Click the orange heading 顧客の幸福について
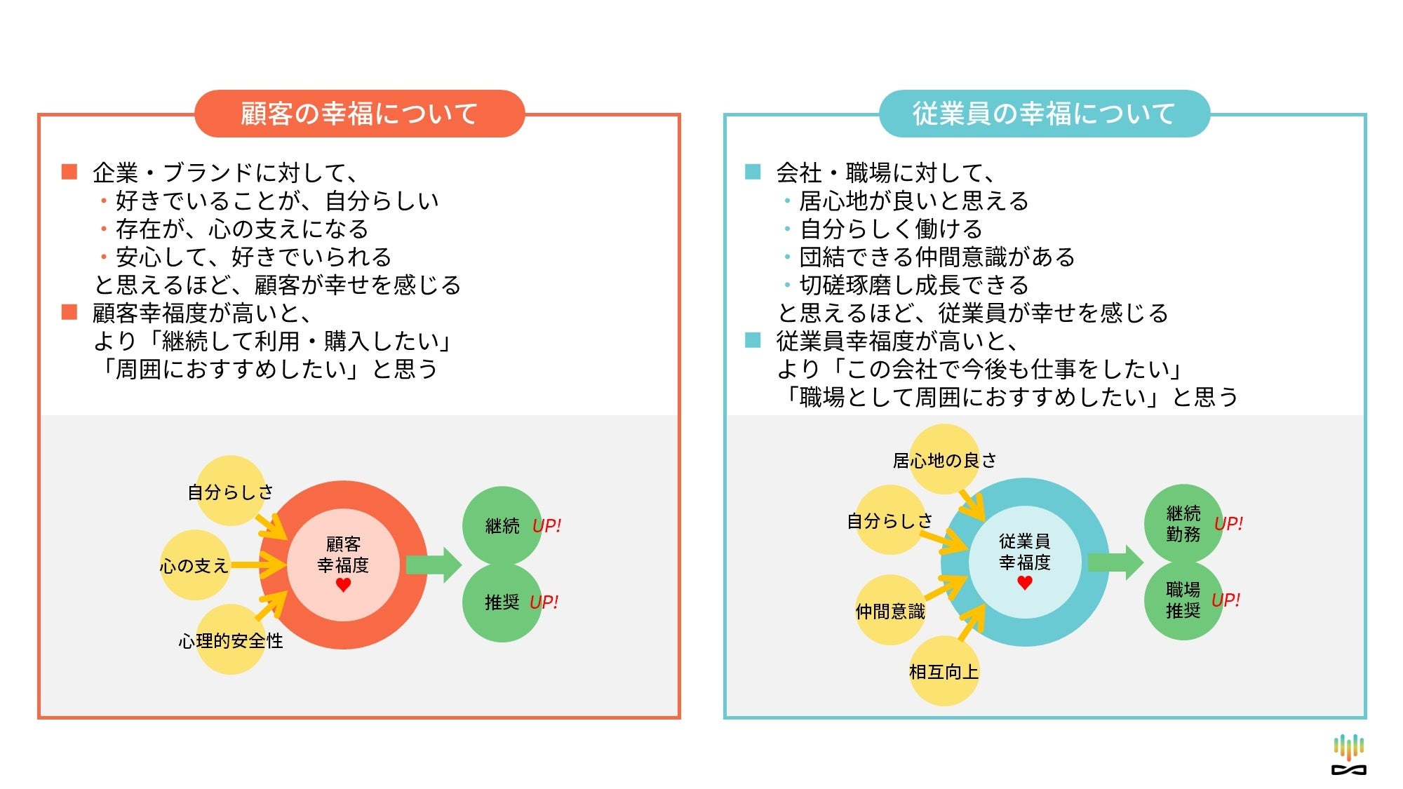[359, 114]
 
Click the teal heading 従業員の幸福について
[1044, 114]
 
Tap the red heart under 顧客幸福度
[343, 585]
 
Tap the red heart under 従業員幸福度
[1025, 582]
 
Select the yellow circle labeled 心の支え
[194, 565]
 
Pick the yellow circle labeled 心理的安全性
[230, 640]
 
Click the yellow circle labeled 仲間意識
[890, 611]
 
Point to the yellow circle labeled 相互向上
[944, 671]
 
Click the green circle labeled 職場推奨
[1183, 600]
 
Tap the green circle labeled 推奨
[502, 602]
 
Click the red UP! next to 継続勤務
[1228, 524]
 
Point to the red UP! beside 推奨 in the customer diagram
[544, 602]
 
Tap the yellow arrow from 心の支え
[258, 565]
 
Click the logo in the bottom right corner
[1348, 755]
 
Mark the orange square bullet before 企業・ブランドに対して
[69, 172]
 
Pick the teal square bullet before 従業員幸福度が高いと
[753, 341]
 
